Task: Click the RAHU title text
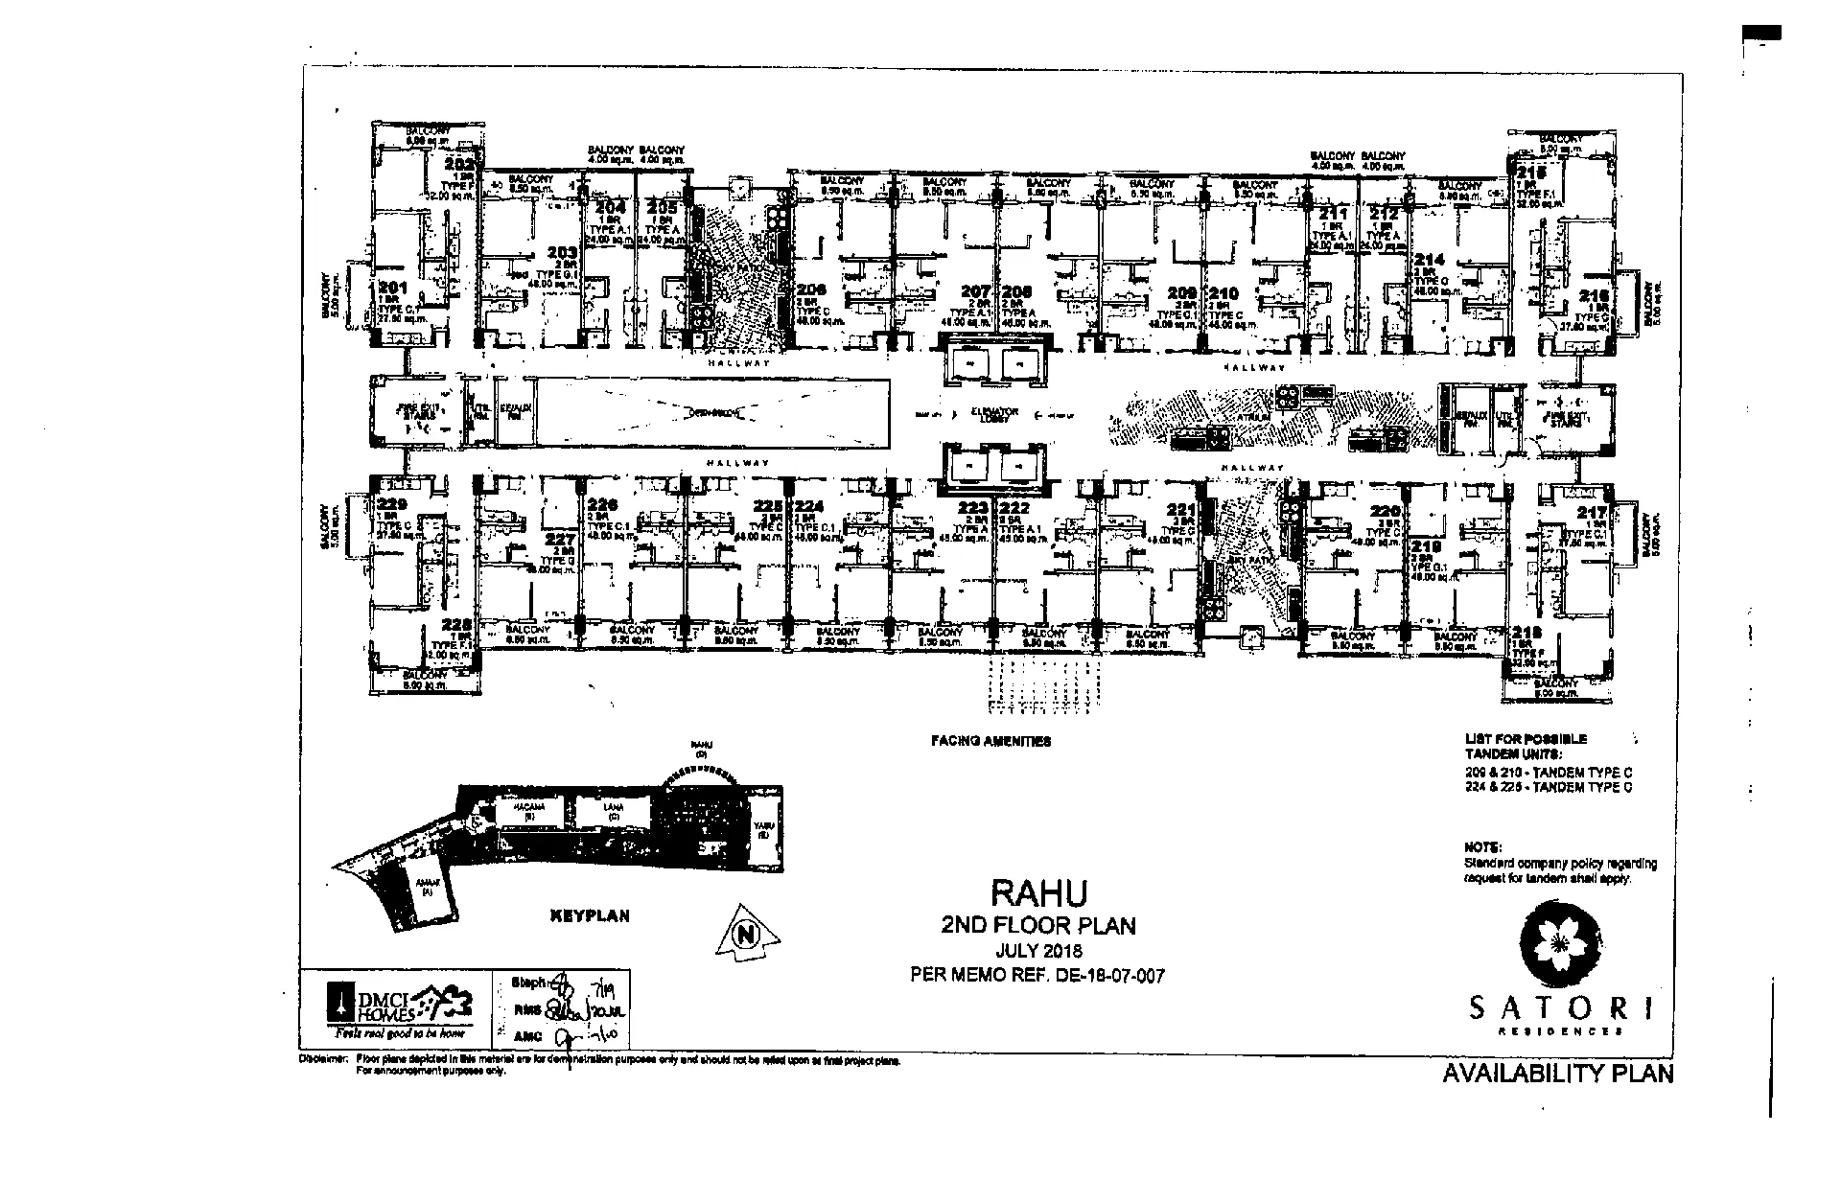click(1038, 892)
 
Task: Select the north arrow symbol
click(747, 931)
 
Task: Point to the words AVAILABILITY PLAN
click(1557, 1074)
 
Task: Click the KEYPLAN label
click(590, 915)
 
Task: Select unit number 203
click(562, 253)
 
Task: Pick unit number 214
click(1429, 260)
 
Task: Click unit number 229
click(393, 504)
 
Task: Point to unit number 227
click(561, 539)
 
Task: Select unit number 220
click(1386, 511)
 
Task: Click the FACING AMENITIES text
click(990, 741)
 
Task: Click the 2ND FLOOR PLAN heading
click(1038, 926)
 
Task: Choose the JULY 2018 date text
click(1038, 951)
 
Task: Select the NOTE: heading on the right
click(1482, 847)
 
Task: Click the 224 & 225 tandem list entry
click(1548, 787)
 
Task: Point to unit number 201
click(393, 288)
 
